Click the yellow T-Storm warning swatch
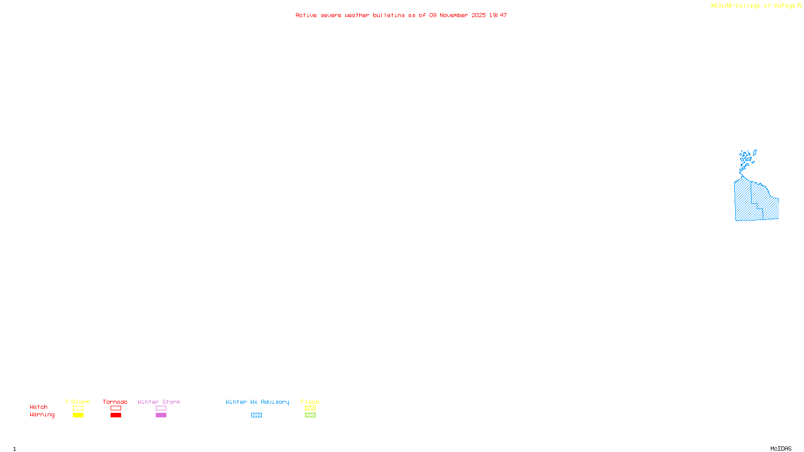(78, 415)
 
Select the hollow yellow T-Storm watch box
(78, 408)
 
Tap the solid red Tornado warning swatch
(116, 415)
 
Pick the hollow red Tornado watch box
(116, 408)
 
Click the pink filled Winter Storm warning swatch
(161, 415)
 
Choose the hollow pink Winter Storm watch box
(161, 408)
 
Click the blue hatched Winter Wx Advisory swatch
(256, 415)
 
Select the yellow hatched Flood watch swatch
(310, 408)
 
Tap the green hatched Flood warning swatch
(310, 415)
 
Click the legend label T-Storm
(77, 402)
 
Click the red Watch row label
(39, 407)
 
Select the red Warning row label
(42, 415)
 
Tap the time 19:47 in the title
(498, 16)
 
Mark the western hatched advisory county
(744, 201)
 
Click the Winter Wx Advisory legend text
(257, 402)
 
